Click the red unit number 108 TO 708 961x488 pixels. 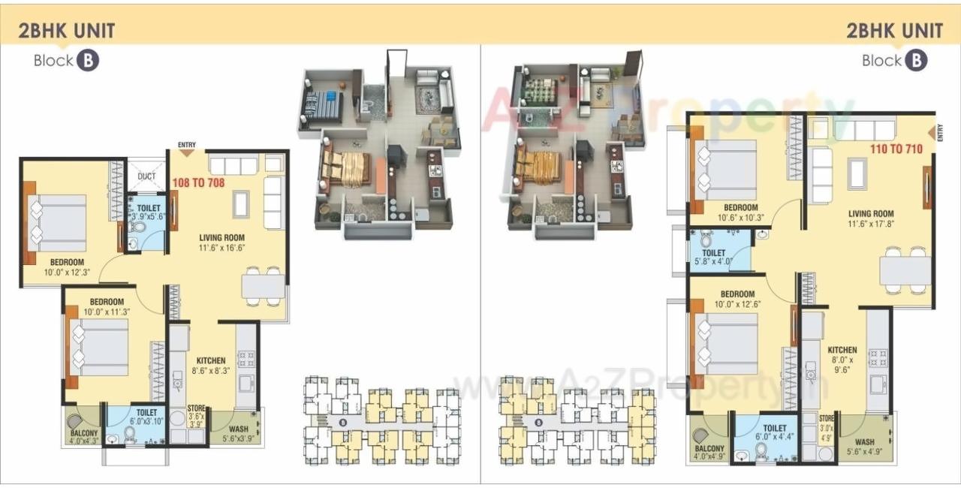click(198, 182)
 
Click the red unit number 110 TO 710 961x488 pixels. click(896, 149)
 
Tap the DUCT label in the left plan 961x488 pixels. click(147, 177)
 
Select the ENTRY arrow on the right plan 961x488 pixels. click(933, 132)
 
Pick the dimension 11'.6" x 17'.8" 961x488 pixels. click(871, 224)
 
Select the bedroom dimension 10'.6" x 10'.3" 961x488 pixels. click(741, 218)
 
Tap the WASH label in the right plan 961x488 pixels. click(864, 442)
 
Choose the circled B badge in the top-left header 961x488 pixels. click(87, 61)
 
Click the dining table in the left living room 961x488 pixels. click(263, 286)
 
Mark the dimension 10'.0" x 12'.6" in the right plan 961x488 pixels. click(737, 304)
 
